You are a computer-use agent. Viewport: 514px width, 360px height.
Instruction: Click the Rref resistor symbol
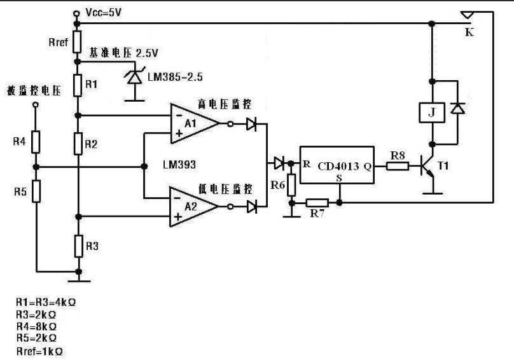tap(77, 42)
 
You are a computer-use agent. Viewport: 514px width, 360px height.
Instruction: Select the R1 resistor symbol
tap(78, 85)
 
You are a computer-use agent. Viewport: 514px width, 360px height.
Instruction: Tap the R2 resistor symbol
tap(78, 144)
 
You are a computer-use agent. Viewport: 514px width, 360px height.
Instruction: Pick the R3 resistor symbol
tap(79, 246)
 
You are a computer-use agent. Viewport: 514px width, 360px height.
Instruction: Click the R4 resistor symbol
tap(36, 142)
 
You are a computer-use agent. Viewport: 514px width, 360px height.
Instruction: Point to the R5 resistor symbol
tap(36, 191)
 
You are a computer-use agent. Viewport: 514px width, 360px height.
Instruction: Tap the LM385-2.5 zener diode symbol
tap(134, 77)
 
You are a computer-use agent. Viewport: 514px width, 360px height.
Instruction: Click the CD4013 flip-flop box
tap(337, 165)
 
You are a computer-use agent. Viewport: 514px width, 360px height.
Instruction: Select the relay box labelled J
tap(432, 113)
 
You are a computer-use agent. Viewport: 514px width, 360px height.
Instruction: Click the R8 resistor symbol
tap(398, 166)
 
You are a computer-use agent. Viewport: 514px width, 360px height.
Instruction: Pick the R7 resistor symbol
tap(317, 203)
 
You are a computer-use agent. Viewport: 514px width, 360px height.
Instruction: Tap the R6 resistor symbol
tap(291, 185)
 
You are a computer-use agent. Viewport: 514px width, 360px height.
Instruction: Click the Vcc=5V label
tap(103, 13)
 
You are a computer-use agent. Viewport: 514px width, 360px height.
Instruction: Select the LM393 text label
tap(179, 164)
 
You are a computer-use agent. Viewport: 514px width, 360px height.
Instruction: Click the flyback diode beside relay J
tap(457, 108)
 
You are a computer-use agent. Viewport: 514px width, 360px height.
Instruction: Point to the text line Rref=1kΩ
tap(39, 352)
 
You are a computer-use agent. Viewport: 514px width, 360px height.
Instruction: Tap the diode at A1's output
tap(251, 124)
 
